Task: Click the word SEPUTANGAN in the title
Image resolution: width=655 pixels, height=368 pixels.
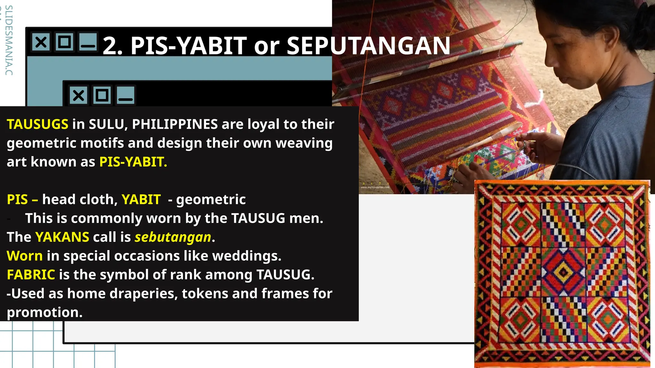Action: click(x=368, y=46)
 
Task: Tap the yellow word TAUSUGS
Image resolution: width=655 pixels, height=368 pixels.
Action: click(x=37, y=124)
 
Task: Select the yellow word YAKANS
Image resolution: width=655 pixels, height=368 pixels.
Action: click(x=62, y=237)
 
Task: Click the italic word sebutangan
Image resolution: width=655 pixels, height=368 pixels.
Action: click(x=173, y=237)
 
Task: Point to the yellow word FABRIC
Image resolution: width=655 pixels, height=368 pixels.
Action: click(x=31, y=275)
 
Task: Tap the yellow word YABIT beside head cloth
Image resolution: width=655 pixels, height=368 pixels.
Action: click(x=141, y=200)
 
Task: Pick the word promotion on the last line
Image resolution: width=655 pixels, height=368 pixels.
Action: click(x=44, y=312)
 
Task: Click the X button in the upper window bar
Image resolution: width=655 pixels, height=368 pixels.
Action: click(x=41, y=42)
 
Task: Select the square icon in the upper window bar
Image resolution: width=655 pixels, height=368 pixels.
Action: click(x=64, y=42)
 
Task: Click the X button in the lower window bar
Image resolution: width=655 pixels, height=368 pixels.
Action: click(x=78, y=95)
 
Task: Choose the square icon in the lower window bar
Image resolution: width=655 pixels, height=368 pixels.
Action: click(x=102, y=95)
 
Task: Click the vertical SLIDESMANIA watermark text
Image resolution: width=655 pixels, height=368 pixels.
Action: click(x=9, y=40)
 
